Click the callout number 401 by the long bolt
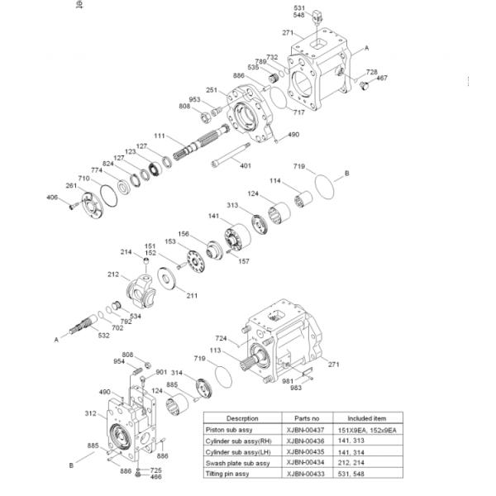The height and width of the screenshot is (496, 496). (x=246, y=166)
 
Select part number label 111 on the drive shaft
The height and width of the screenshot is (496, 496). (x=159, y=135)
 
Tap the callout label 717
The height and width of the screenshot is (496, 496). (x=298, y=112)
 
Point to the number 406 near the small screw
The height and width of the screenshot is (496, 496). (x=52, y=198)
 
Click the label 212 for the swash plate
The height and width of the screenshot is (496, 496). (x=113, y=274)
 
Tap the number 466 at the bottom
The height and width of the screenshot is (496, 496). (x=133, y=477)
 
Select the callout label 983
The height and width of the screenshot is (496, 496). (x=295, y=388)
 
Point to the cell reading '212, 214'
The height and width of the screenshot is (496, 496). (x=372, y=465)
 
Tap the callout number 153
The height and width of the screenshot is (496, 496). (x=169, y=241)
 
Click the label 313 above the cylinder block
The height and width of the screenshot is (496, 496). (x=233, y=206)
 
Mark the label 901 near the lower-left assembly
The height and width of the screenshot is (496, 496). (x=161, y=372)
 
